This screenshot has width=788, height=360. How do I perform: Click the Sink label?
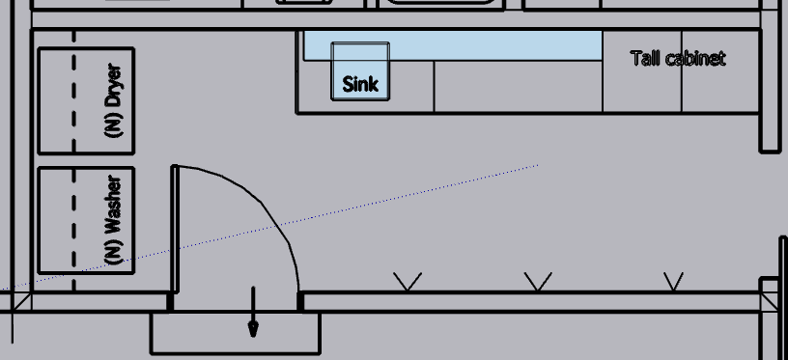pyautogui.click(x=360, y=84)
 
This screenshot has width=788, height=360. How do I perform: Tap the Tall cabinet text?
pyautogui.click(x=678, y=58)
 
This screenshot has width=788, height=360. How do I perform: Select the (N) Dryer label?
pyautogui.click(x=114, y=100)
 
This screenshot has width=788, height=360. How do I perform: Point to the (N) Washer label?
pyautogui.click(x=114, y=220)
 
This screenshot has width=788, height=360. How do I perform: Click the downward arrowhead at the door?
pyautogui.click(x=254, y=330)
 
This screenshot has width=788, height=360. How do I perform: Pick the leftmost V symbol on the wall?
pyautogui.click(x=408, y=281)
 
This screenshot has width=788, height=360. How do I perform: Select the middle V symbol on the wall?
pyautogui.click(x=538, y=281)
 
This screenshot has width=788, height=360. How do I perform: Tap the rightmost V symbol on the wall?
pyautogui.click(x=673, y=281)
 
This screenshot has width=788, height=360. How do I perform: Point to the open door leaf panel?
pyautogui.click(x=175, y=229)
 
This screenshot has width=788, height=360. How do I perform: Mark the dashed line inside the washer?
pyautogui.click(x=73, y=230)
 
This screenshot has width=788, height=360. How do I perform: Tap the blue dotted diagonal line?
pyautogui.click(x=269, y=228)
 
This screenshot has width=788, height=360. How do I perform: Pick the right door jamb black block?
pyautogui.click(x=300, y=302)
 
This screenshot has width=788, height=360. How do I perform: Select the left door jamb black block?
pyautogui.click(x=170, y=302)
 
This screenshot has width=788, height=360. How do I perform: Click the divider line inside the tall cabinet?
pyautogui.click(x=682, y=71)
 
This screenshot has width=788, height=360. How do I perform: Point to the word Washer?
pyautogui.click(x=114, y=206)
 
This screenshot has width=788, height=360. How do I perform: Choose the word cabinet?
pyautogui.click(x=695, y=58)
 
